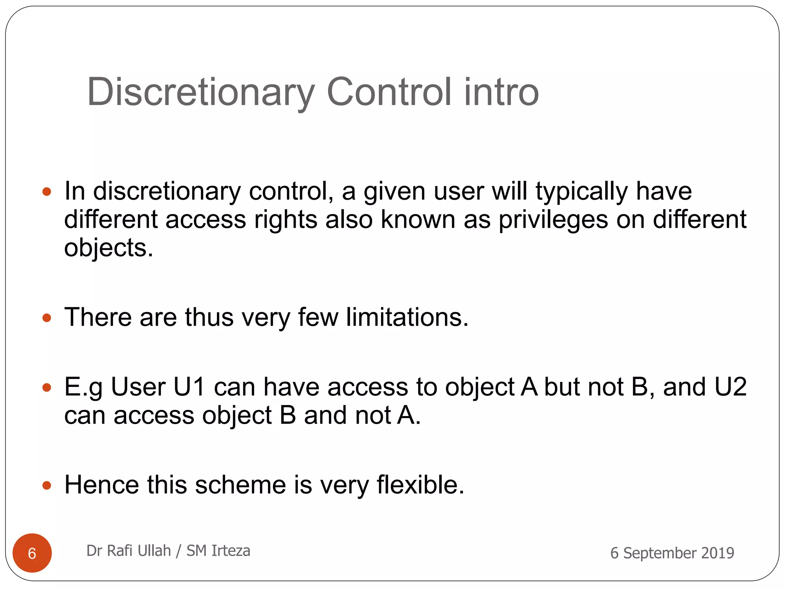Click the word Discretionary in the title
pyautogui.click(x=201, y=92)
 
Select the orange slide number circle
pyautogui.click(x=32, y=553)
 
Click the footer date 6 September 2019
pyautogui.click(x=672, y=553)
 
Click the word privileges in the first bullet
pyautogui.click(x=553, y=220)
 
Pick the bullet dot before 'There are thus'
pyautogui.click(x=47, y=318)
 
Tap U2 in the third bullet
pyautogui.click(x=725, y=387)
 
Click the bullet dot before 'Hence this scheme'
pyautogui.click(x=47, y=486)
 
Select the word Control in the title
pyautogui.click(x=389, y=92)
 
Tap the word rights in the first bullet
pyautogui.click(x=286, y=220)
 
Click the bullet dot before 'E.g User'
pyautogui.click(x=47, y=388)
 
